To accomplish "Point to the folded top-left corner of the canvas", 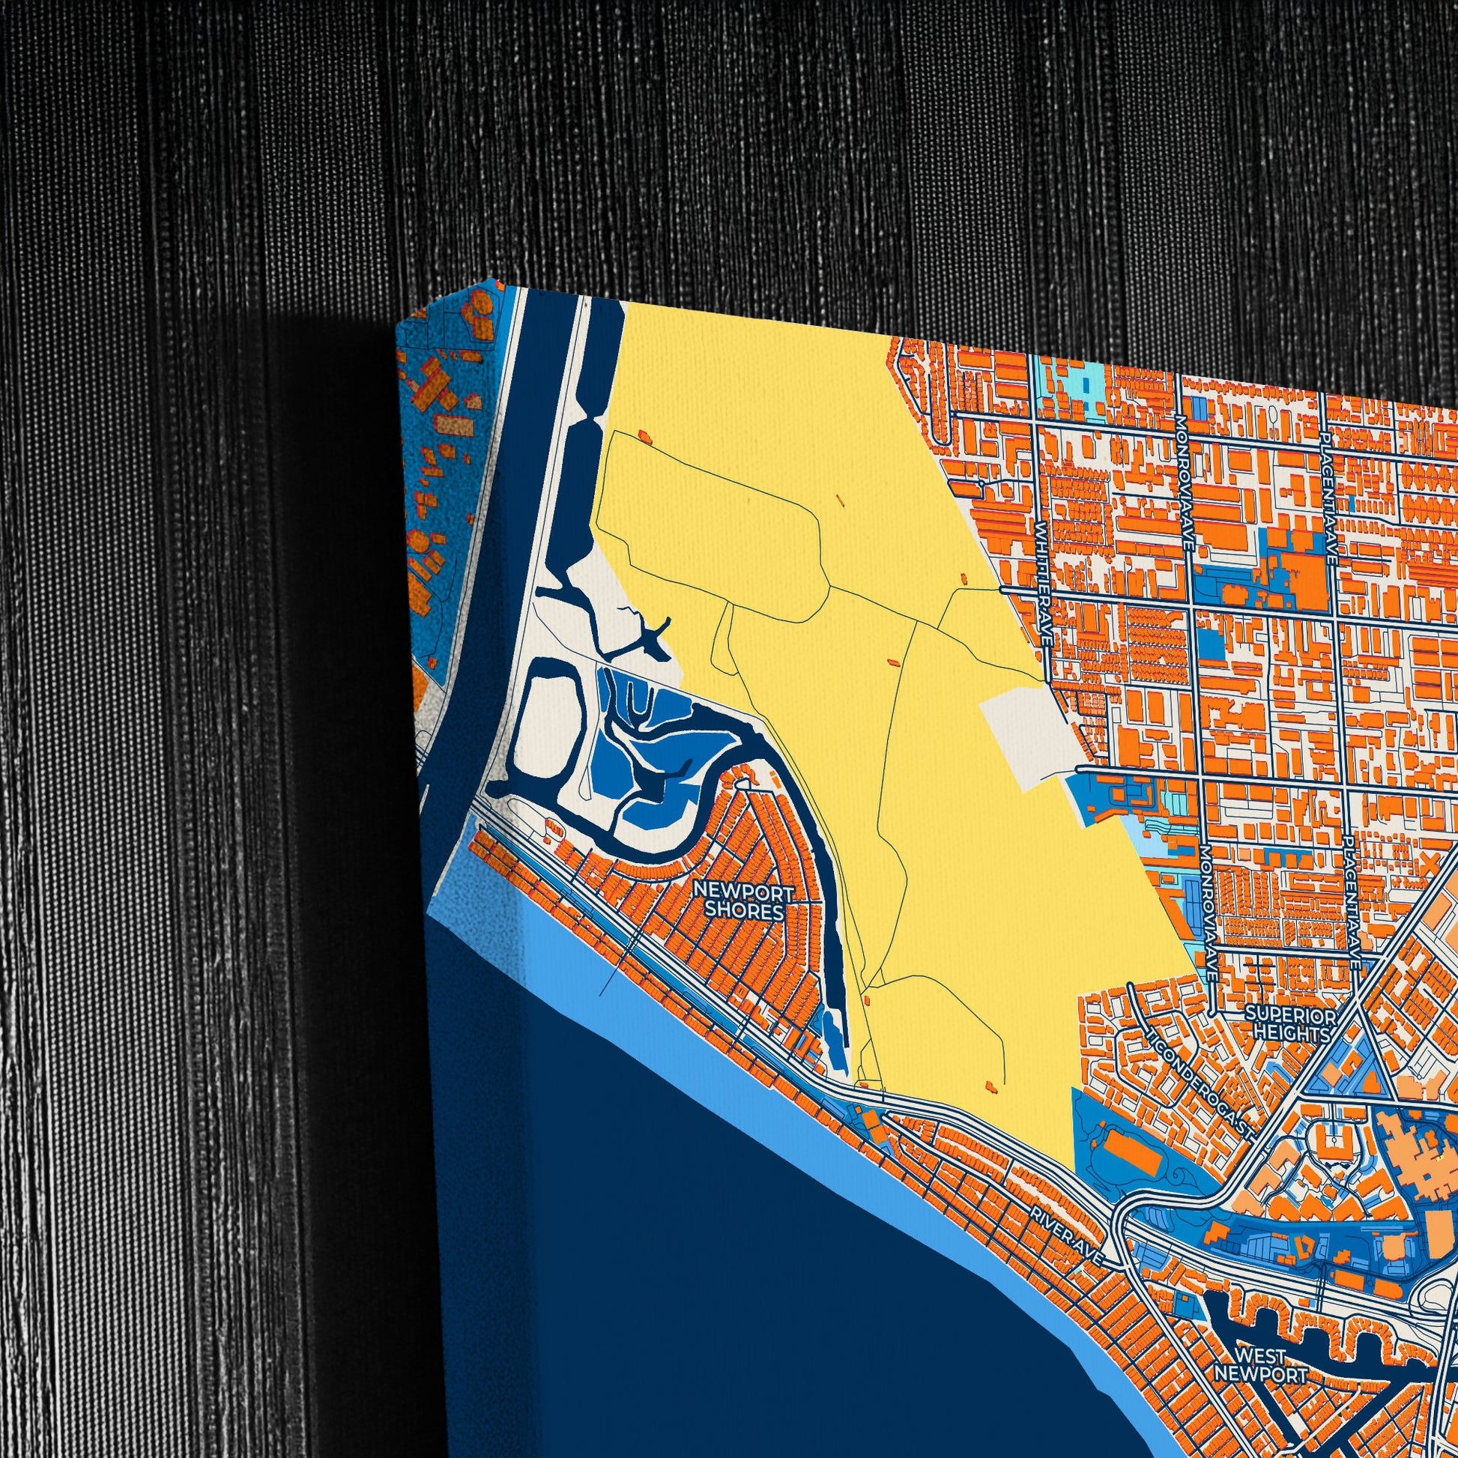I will (x=408, y=321).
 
